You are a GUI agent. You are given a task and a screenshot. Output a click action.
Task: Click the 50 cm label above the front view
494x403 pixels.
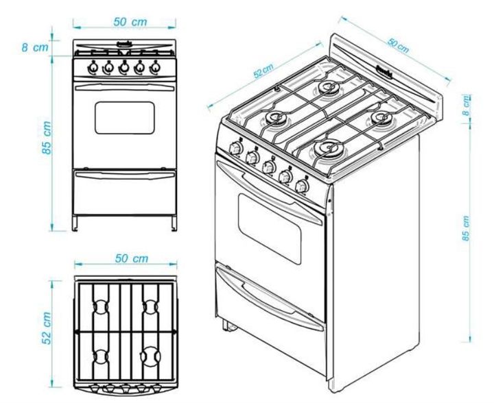tap(130, 22)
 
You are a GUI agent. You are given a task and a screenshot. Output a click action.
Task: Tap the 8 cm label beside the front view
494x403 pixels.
tap(36, 48)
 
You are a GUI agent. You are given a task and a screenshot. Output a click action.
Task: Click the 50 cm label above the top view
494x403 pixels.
tap(130, 258)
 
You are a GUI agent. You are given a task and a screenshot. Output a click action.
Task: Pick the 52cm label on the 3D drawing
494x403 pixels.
tap(263, 71)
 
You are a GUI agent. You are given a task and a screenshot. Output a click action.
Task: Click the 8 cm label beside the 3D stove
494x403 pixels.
tap(467, 103)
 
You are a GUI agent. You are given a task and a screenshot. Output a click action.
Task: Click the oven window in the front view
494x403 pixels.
tap(124, 117)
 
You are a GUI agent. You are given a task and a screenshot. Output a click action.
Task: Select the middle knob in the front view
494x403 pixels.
tap(124, 68)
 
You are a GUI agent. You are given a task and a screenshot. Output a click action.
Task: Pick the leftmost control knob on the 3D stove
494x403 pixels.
tap(235, 148)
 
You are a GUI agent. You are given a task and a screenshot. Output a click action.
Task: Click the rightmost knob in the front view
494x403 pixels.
tap(155, 68)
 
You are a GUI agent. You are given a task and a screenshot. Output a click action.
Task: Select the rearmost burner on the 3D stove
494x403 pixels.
tap(329, 88)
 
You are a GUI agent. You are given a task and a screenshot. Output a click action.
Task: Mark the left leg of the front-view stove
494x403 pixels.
tap(78, 223)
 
